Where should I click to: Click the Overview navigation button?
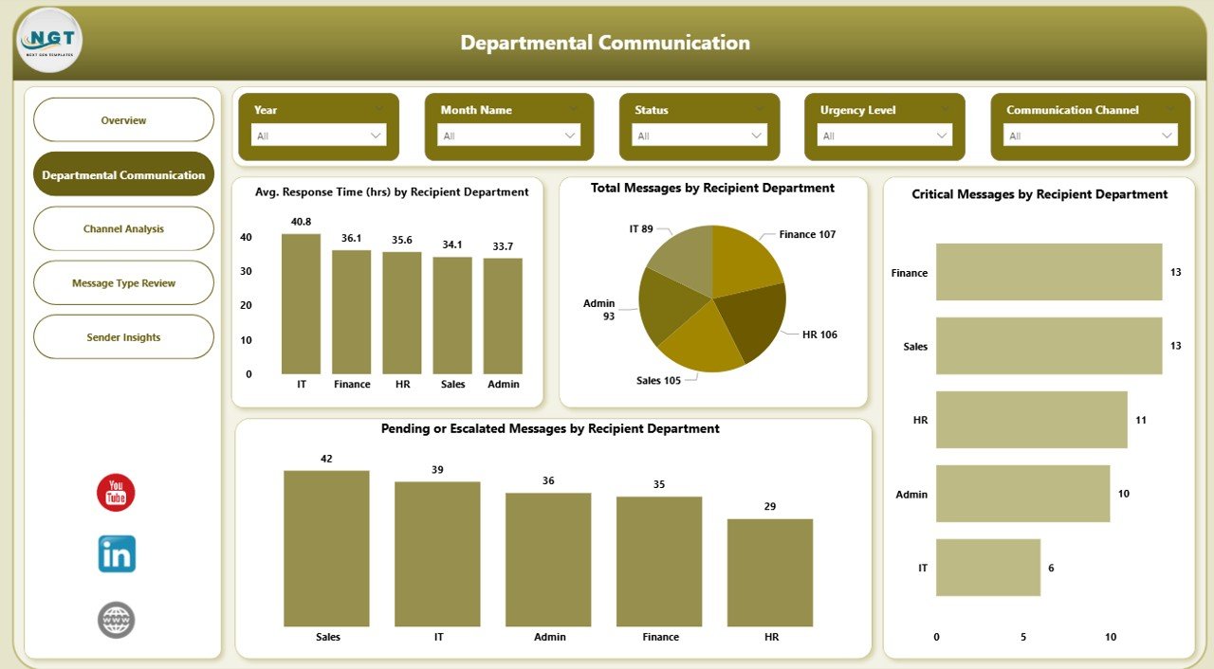pos(123,120)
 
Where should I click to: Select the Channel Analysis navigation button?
pos(123,229)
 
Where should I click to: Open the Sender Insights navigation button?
pos(123,337)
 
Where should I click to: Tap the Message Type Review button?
pos(123,283)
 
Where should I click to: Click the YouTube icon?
pos(116,493)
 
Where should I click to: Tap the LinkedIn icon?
pos(117,554)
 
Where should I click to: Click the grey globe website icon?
pos(117,621)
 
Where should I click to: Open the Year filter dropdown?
pos(319,136)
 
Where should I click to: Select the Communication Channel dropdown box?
pos(1089,136)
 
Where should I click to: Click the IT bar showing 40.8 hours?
pos(301,303)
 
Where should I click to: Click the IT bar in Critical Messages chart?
pos(987,568)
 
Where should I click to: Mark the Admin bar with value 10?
pos(1022,494)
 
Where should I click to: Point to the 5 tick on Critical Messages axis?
pos(1023,637)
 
